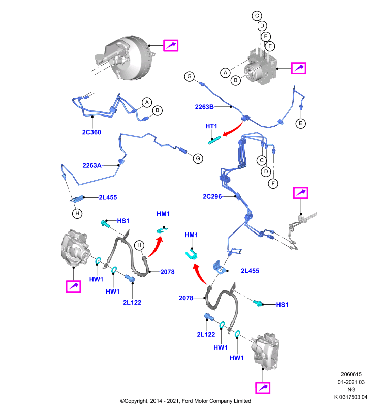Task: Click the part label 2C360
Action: [91, 132]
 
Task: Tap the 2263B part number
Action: [204, 107]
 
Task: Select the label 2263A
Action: [92, 165]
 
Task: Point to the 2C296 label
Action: [212, 196]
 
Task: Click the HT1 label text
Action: [211, 126]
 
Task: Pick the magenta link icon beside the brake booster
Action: [171, 45]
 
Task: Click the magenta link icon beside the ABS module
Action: [299, 68]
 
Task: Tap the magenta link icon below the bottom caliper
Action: [263, 388]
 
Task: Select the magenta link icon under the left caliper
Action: [73, 286]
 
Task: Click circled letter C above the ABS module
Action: [257, 16]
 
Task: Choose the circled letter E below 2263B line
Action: [301, 123]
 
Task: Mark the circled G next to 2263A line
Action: [198, 158]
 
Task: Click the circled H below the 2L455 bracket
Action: [77, 213]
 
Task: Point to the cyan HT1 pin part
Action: [214, 140]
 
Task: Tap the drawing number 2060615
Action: [351, 374]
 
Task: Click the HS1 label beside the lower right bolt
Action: [282, 304]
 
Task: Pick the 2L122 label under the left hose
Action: [132, 302]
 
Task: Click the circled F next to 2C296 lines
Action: [273, 184]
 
